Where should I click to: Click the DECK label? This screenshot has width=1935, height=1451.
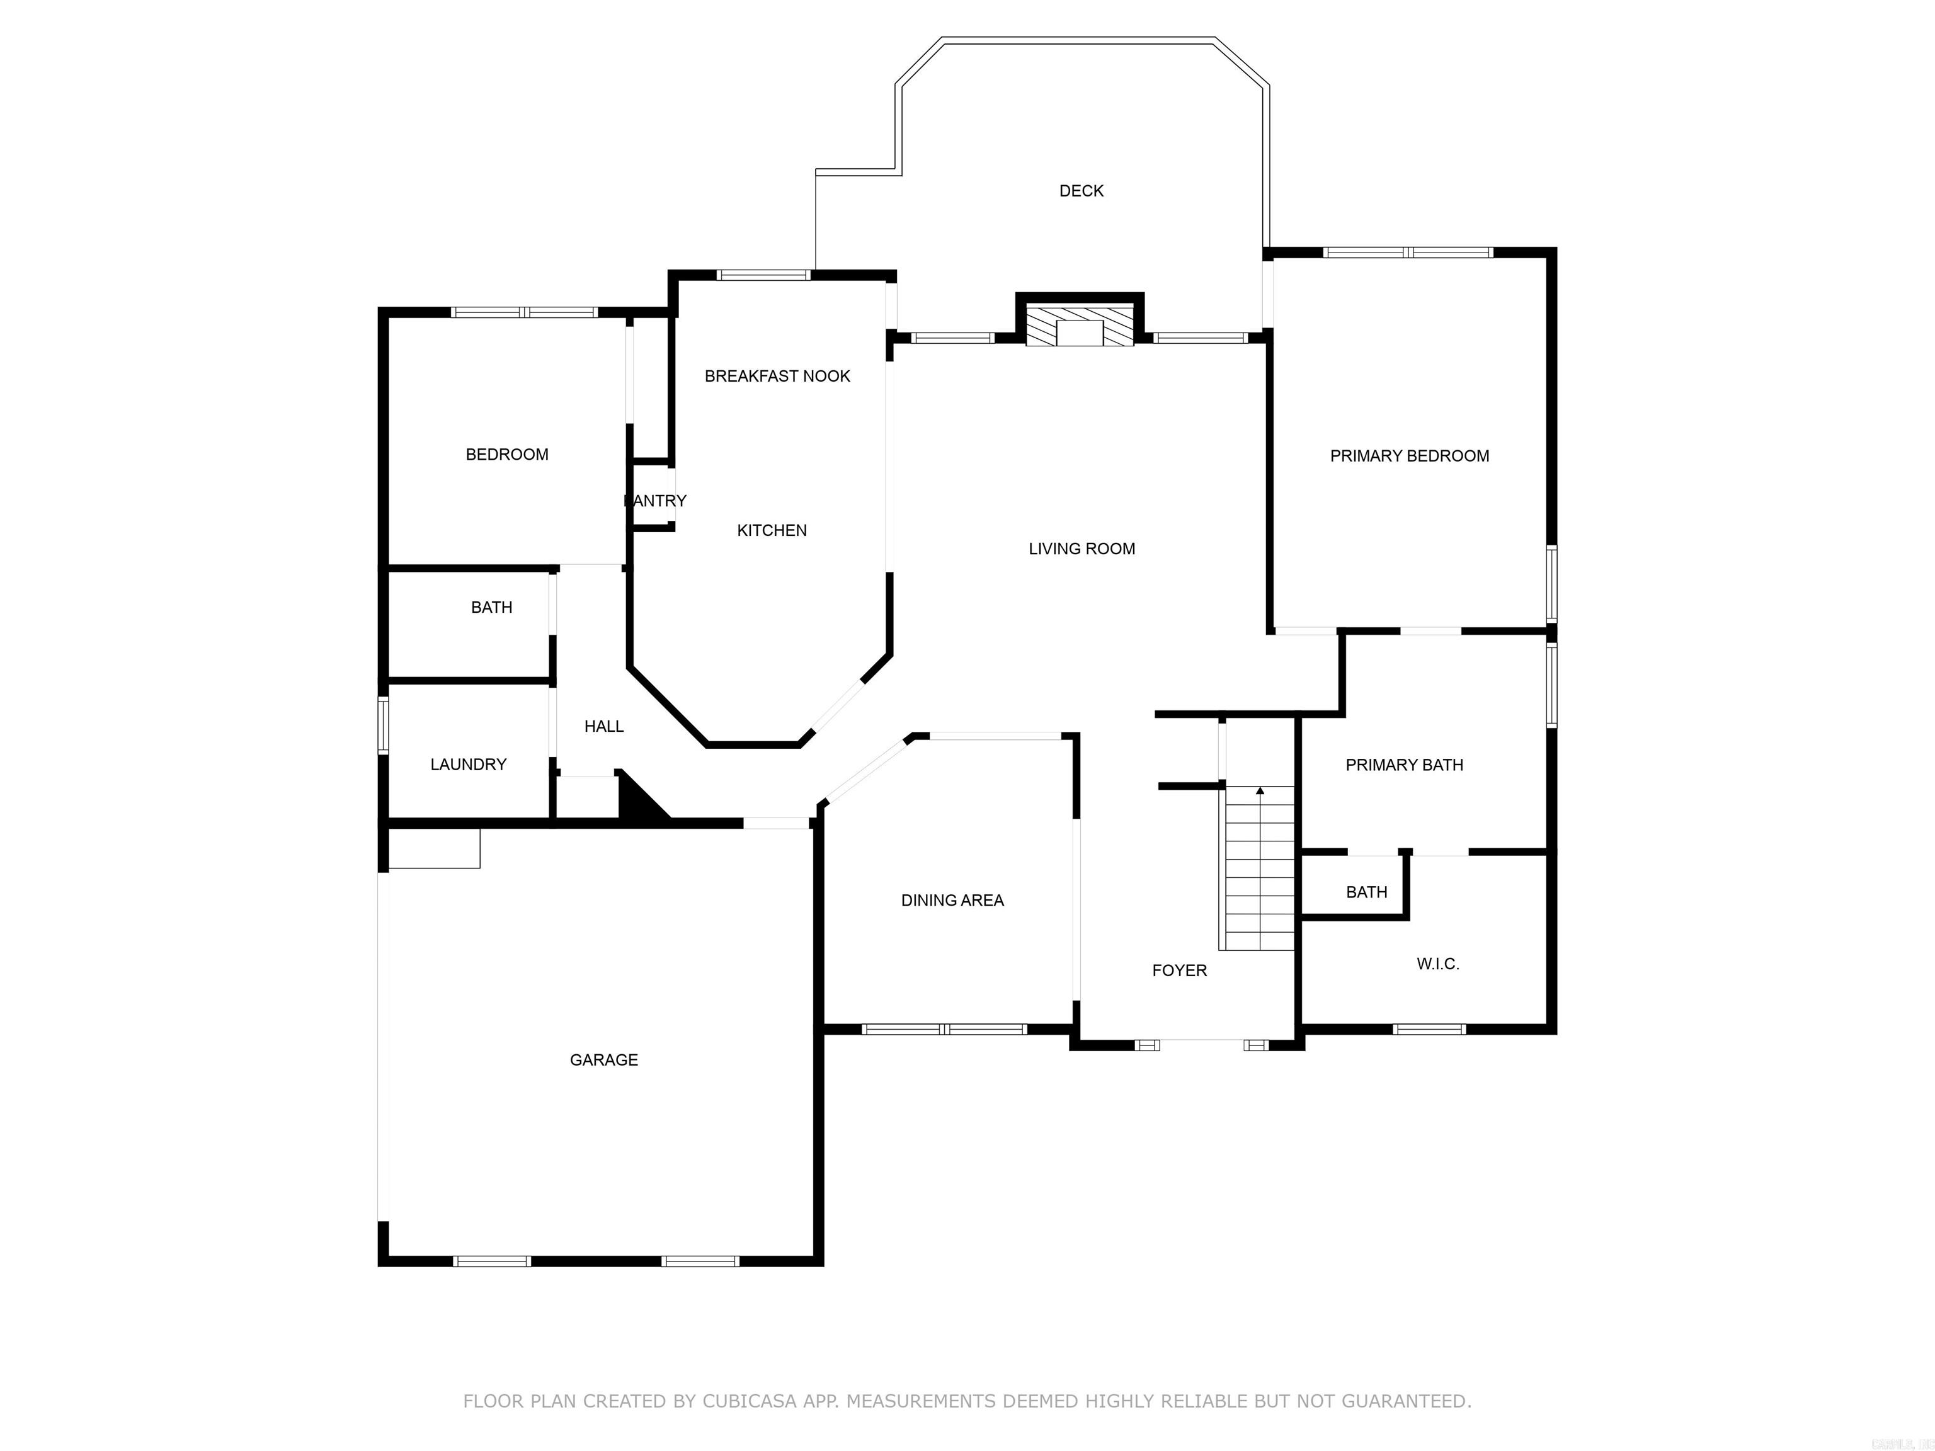(x=1082, y=191)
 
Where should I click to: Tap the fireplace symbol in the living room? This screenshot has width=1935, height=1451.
(x=1080, y=327)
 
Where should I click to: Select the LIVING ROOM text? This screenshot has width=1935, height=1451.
(x=1082, y=549)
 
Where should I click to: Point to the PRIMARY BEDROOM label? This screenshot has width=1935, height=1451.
(x=1409, y=456)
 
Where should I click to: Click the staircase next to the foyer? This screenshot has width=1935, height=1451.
(x=1259, y=875)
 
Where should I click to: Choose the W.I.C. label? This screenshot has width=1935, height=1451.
(x=1437, y=964)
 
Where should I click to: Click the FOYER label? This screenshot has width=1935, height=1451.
(x=1179, y=970)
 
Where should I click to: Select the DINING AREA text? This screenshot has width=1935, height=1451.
(x=952, y=900)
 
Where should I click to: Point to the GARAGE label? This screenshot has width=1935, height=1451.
(x=603, y=1060)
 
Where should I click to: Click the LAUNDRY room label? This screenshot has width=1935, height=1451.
(x=468, y=765)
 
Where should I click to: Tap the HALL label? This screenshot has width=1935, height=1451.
(x=603, y=726)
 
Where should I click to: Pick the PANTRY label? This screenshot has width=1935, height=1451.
(x=655, y=500)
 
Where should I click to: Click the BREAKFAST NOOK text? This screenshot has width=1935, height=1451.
(x=777, y=376)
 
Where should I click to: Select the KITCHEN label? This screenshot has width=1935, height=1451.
(x=772, y=530)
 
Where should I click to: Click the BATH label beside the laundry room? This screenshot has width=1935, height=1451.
(x=491, y=607)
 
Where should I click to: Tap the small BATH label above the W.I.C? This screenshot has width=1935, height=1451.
(x=1366, y=892)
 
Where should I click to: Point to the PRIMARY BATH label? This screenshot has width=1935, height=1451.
(x=1404, y=765)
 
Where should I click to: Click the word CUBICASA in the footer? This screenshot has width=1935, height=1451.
(x=749, y=1401)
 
